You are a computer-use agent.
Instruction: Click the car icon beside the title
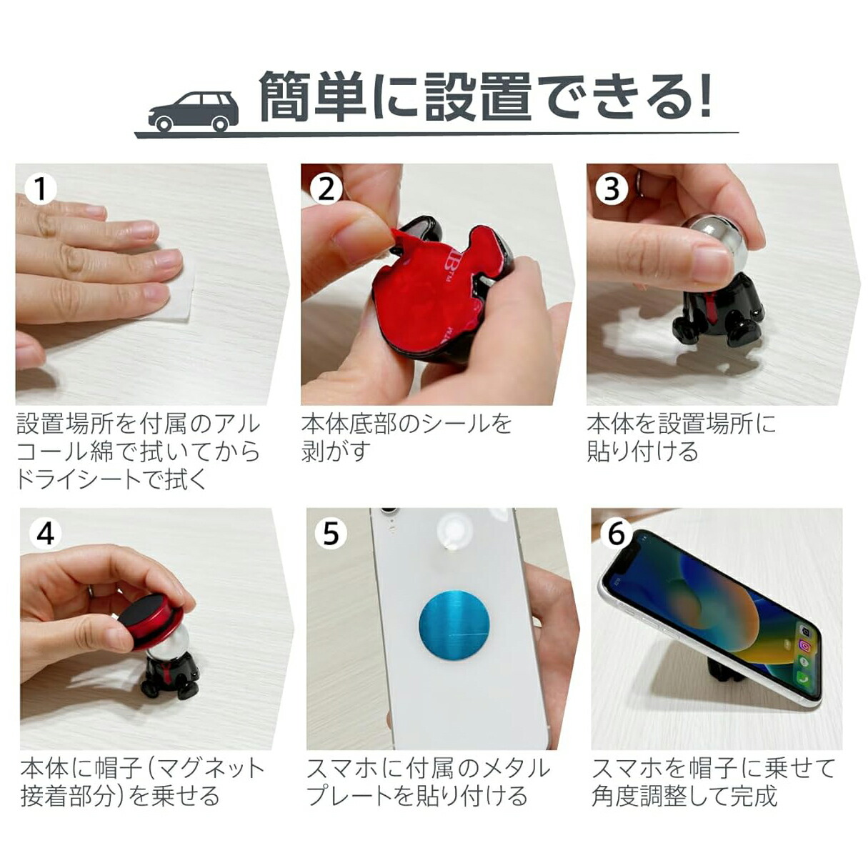[194, 111]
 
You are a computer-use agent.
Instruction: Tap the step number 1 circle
[41, 189]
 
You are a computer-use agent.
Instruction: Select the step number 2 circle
[326, 189]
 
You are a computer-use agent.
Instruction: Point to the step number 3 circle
[612, 189]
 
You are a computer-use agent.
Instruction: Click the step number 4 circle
[45, 534]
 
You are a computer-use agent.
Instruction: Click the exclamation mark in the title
[704, 97]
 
